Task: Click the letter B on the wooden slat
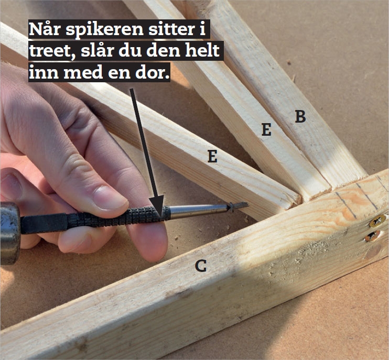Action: tap(300, 116)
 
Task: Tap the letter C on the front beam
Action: tap(201, 266)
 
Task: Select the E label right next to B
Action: tap(266, 129)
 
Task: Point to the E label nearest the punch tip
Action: tap(212, 156)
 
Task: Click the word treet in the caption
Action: tap(52, 51)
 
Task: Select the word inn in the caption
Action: tap(44, 72)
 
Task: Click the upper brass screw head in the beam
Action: tap(377, 221)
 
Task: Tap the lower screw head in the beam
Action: tap(372, 236)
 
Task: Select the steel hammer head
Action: tap(9, 233)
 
